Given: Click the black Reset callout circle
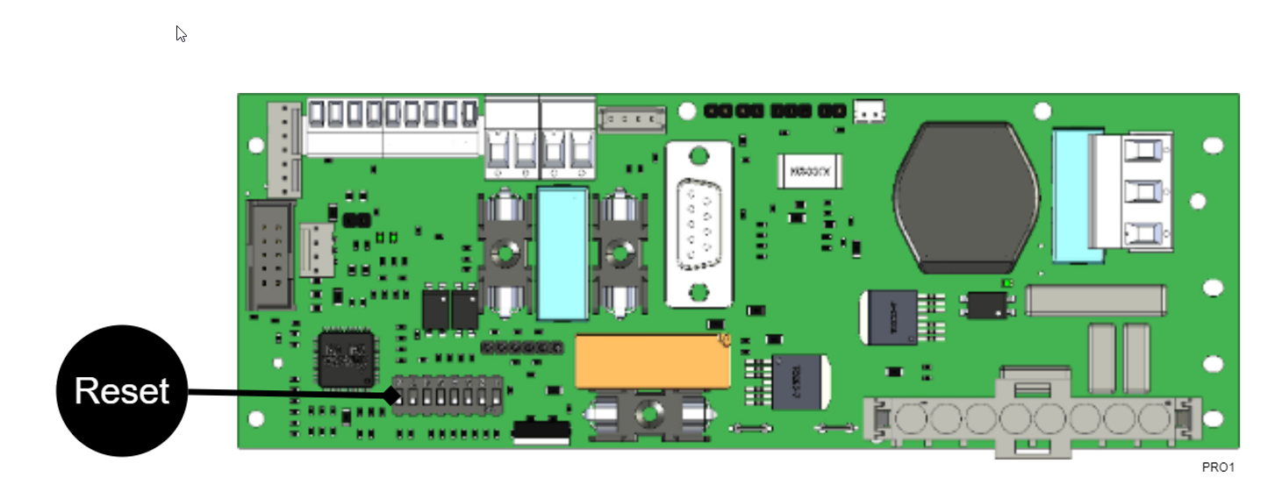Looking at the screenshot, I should coord(121,391).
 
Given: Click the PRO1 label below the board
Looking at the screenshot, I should coord(1217,467).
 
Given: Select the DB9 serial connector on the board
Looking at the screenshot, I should coord(698,225).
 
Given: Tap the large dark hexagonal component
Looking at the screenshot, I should coord(966,195).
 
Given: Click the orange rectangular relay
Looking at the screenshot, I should coord(651,361).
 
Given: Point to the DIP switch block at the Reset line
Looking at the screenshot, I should coord(448,396).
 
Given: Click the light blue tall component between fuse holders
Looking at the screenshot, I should coord(562,253).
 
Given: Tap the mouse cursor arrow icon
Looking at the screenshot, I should coord(180,33).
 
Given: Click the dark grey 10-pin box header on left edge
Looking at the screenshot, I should coord(270,255).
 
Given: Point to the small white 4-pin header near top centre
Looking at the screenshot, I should coord(632,118).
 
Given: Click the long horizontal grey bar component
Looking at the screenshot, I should coord(1096,300).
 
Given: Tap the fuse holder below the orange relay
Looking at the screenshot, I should coord(648,414).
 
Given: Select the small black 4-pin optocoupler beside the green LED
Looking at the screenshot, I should coord(987,303).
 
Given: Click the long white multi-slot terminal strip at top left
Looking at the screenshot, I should coord(391,127).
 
